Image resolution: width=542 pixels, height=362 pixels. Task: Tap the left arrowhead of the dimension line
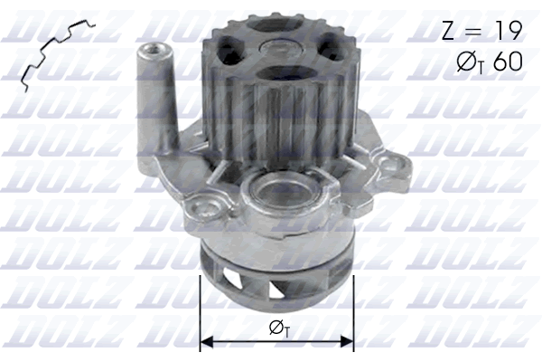coord(205,341)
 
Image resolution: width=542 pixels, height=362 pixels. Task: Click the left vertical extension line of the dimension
coord(199,308)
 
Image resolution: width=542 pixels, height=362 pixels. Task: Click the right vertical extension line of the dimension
coord(353,308)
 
